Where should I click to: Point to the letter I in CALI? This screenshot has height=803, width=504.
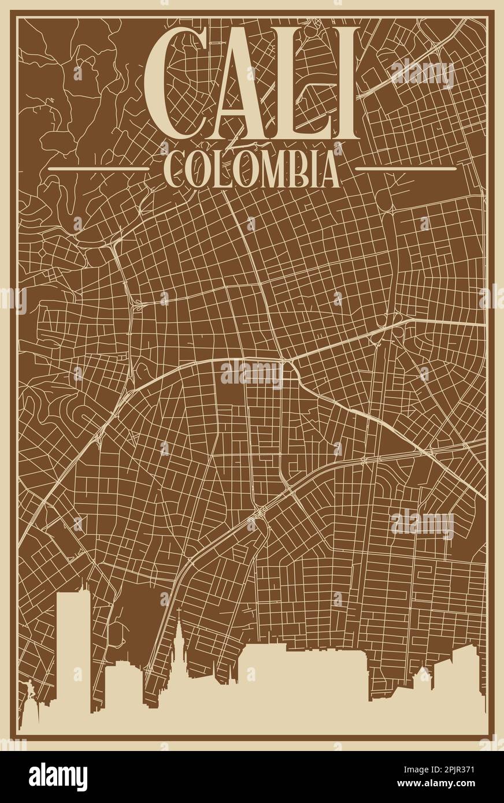[x=345, y=84]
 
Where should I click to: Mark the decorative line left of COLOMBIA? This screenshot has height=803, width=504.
[x=98, y=169]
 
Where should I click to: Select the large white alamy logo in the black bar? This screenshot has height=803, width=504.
[x=58, y=777]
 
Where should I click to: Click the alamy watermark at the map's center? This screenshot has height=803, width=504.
[x=251, y=374]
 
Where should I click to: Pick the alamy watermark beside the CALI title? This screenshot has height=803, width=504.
[x=422, y=73]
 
